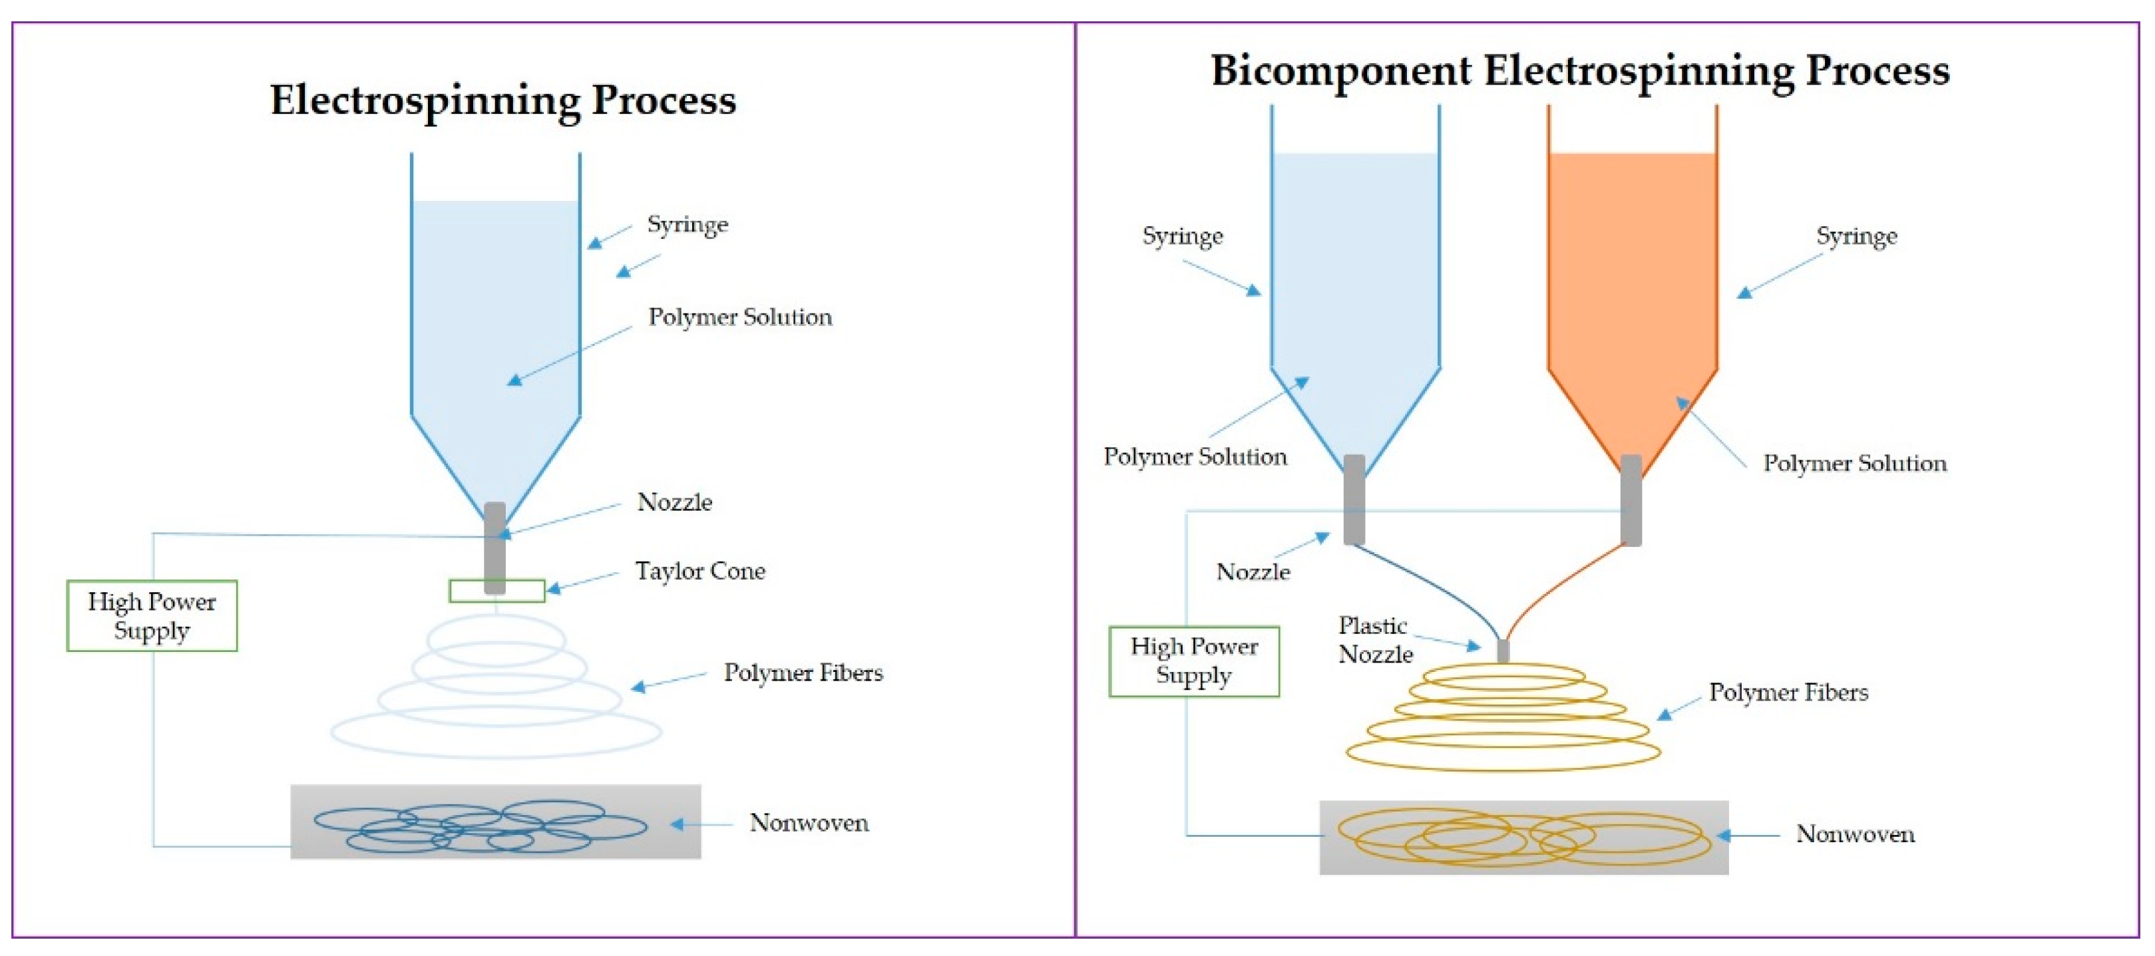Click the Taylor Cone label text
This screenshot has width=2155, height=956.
pyautogui.click(x=700, y=571)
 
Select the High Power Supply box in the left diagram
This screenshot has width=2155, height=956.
pyautogui.click(x=152, y=615)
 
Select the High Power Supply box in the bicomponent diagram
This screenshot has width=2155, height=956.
pyautogui.click(x=1194, y=661)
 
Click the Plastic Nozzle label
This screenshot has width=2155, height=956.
pyautogui.click(x=1375, y=640)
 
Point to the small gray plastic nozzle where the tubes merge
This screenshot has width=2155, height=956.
pyautogui.click(x=1503, y=651)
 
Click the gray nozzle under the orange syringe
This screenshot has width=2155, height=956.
pyautogui.click(x=1631, y=500)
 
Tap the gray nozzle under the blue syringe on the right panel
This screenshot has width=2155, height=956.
pyautogui.click(x=1354, y=500)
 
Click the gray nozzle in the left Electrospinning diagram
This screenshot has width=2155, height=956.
pyautogui.click(x=495, y=548)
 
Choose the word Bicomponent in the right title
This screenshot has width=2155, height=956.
pyautogui.click(x=1341, y=71)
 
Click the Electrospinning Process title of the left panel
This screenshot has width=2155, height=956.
pyautogui.click(x=502, y=100)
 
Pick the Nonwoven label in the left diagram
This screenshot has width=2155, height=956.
pyautogui.click(x=809, y=823)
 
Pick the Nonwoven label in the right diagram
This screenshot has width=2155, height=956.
pyautogui.click(x=1856, y=834)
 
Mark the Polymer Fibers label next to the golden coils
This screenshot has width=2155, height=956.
pyautogui.click(x=1788, y=693)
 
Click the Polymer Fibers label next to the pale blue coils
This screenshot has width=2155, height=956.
pyautogui.click(x=803, y=673)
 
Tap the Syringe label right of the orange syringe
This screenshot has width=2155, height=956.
pyautogui.click(x=1856, y=237)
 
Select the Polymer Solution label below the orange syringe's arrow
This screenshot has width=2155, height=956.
pyautogui.click(x=1855, y=463)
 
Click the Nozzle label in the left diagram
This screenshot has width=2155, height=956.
pyautogui.click(x=674, y=503)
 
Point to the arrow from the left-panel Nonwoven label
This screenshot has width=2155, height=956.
pyautogui.click(x=702, y=825)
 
